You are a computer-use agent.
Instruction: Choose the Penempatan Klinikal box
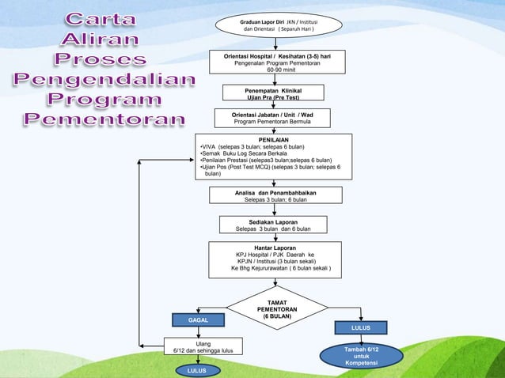click(273, 93)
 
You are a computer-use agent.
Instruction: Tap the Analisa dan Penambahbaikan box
click(276, 195)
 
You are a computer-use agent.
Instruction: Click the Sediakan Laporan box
click(273, 225)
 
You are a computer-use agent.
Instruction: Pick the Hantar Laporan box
click(276, 260)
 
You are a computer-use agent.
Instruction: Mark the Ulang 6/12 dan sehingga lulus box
click(192, 346)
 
